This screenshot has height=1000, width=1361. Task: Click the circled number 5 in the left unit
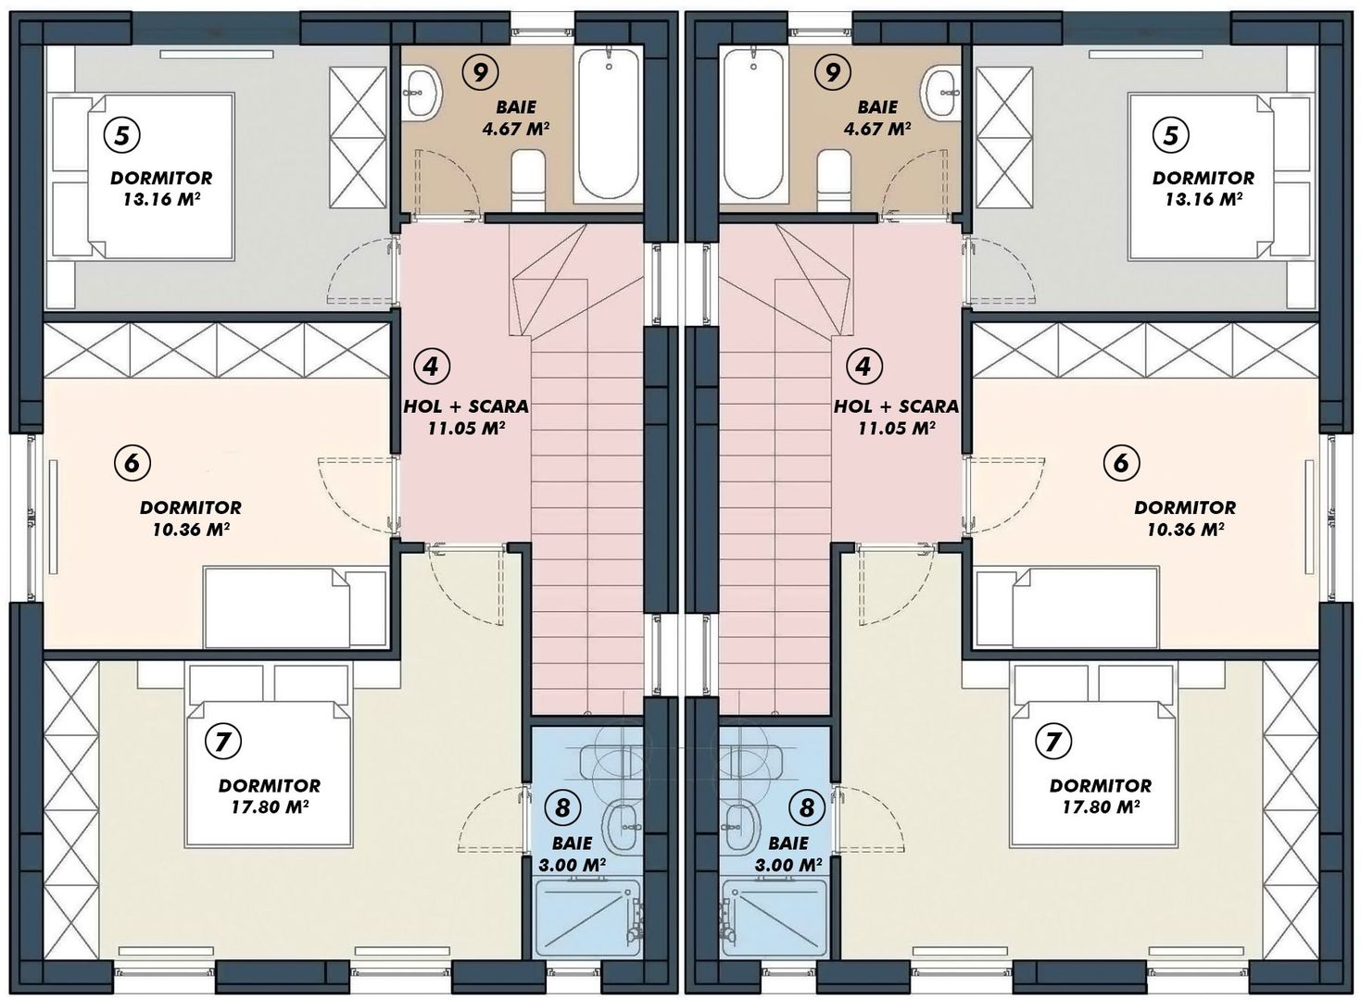pos(122,135)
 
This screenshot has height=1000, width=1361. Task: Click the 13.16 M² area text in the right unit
pos(1203,199)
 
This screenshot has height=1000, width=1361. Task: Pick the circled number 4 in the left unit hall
pos(431,366)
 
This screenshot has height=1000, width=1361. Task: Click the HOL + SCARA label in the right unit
pos(896,406)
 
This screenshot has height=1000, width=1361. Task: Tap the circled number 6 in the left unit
pos(132,461)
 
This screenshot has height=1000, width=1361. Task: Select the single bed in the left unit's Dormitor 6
pos(295,607)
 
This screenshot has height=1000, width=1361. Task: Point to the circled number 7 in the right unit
pos(1052,741)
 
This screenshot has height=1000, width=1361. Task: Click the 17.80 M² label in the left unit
pos(269,806)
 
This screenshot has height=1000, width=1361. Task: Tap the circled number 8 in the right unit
pos(806,807)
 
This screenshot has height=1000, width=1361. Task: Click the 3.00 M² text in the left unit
pos(572,866)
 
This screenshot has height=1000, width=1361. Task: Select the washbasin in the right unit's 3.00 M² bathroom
pos(741,825)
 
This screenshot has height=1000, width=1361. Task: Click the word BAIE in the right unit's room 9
pos(876,107)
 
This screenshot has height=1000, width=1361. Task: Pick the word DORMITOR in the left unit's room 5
pos(161,178)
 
